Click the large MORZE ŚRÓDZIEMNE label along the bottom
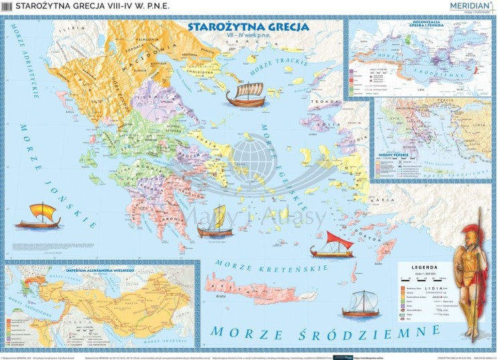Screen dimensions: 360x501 tap(325, 332)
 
